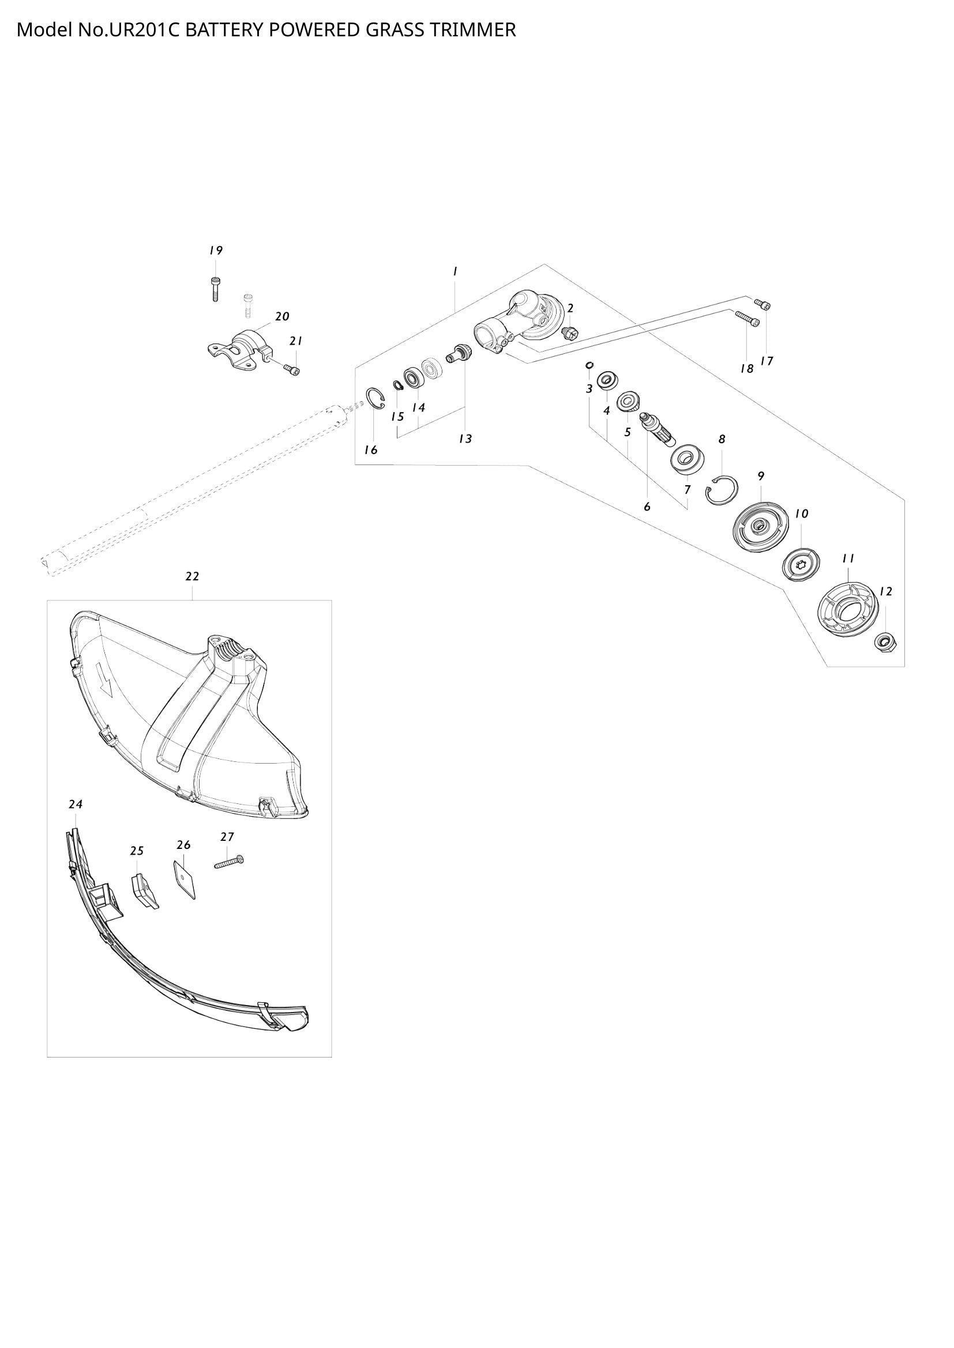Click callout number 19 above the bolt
pos(216,251)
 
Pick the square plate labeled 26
pos(185,878)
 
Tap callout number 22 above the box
pos(192,576)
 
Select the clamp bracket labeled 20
pos(241,350)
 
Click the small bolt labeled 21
pos(292,369)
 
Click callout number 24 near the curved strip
pos(75,805)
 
